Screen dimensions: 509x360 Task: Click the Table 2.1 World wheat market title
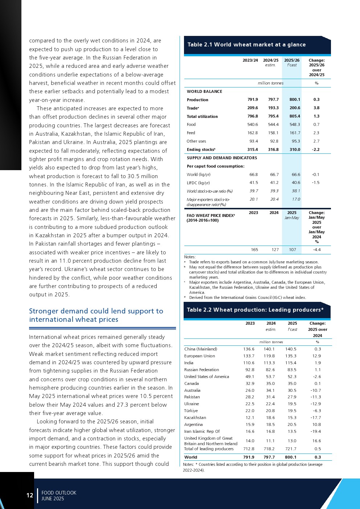tap(246, 45)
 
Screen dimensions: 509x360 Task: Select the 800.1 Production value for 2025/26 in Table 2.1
tap(295, 99)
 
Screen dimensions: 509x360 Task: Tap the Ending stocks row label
tap(201, 149)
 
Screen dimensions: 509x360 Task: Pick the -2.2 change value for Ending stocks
tap(316, 149)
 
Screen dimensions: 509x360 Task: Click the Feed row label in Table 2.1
tap(191, 133)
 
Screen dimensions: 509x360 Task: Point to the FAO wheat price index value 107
tap(292, 250)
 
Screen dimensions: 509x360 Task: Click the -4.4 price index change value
tap(316, 250)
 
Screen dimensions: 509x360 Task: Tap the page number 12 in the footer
tap(29, 495)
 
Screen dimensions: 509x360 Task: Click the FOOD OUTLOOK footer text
tap(59, 493)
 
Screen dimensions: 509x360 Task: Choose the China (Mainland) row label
tap(200, 349)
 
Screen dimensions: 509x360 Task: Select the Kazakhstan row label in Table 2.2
tap(195, 418)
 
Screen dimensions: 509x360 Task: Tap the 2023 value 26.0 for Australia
tap(250, 390)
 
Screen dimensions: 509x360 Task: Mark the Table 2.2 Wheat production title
tap(255, 310)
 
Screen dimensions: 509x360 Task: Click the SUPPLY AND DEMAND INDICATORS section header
tap(222, 158)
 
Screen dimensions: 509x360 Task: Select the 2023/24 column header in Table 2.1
tap(250, 60)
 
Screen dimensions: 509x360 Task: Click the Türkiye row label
tap(191, 411)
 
